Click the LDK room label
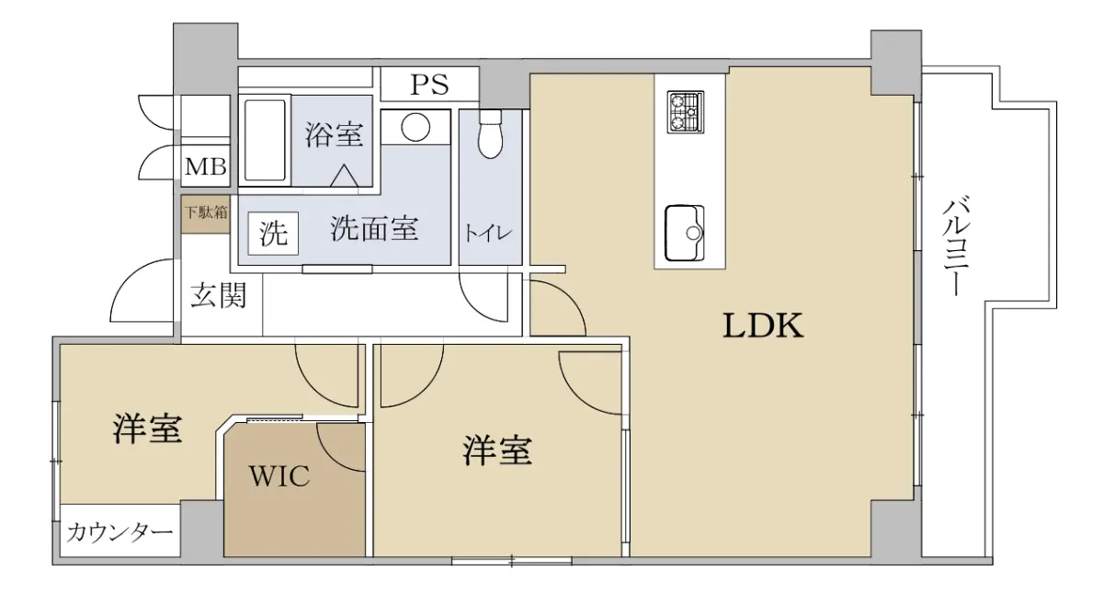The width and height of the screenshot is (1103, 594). pos(763,326)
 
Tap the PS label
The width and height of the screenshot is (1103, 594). pos(429,85)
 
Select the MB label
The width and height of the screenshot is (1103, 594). pos(206,167)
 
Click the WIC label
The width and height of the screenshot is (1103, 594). pos(279,475)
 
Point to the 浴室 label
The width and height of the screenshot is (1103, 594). pos(335,134)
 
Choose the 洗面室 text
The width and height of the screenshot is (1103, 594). pos(374,229)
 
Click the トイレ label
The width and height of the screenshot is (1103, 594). pos(488,233)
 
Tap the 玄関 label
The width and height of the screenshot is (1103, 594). pos(218,294)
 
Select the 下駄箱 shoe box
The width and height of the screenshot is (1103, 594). pos(205,213)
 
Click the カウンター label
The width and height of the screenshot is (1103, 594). pos(119,532)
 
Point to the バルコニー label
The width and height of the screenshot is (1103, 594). pos(955,246)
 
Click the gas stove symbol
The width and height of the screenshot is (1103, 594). pos(686,112)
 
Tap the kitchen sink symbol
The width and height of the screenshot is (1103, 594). pos(685,233)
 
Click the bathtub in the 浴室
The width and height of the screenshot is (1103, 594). pos(265,141)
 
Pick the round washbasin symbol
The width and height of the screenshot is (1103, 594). pos(415,127)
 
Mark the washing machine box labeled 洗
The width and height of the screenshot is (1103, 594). pos(273,234)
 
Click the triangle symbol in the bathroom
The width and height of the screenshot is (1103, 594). pos(344,176)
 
